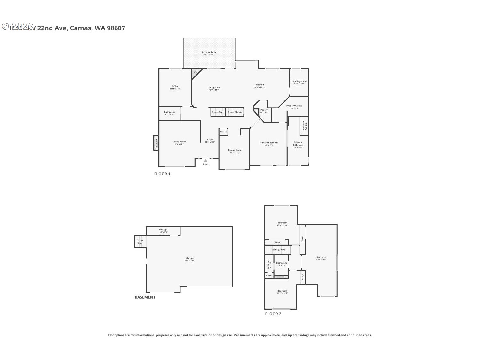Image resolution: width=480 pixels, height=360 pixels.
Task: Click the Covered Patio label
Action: coord(209,52)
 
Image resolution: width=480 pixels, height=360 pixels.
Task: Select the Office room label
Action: coord(175,86)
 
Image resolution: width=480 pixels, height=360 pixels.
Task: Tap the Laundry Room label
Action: coord(299,82)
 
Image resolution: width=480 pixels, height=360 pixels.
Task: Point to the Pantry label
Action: coord(264,110)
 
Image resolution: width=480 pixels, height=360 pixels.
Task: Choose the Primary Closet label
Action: coord(294,106)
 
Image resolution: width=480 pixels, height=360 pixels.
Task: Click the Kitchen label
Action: coord(260,85)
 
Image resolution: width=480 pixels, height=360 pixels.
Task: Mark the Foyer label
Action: coord(210,140)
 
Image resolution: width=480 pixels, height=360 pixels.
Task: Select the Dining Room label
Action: coord(235,150)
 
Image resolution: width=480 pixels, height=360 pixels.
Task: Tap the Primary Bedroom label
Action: coord(268,143)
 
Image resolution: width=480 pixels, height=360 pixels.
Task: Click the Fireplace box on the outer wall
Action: coord(156,143)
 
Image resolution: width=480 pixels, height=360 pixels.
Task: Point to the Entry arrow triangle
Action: coord(205,161)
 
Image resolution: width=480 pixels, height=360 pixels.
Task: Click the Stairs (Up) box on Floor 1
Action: coord(218,112)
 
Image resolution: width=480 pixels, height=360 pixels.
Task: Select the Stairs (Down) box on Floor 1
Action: coord(235,112)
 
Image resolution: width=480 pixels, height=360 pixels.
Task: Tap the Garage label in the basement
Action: coord(190,258)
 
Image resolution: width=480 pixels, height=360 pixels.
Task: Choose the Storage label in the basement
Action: coord(163,230)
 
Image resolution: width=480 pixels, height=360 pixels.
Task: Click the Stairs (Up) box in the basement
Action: coord(140,242)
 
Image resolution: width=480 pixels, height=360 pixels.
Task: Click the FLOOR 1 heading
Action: coord(162,174)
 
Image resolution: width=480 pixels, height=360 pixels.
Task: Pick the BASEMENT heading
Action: coord(145,297)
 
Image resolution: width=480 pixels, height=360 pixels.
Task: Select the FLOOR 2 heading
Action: coord(273,314)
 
